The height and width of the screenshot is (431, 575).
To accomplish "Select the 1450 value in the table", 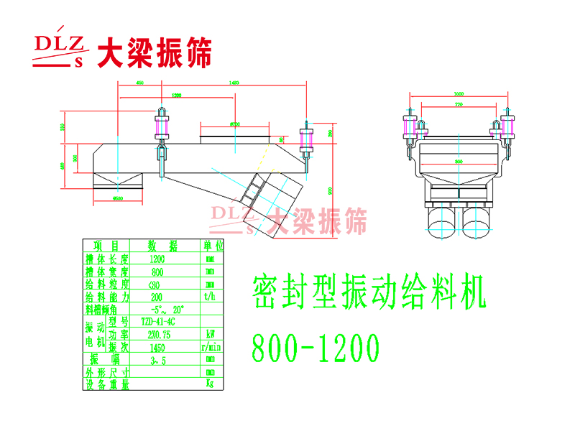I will click(x=157, y=346).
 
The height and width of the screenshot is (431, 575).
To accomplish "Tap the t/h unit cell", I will click(x=210, y=296).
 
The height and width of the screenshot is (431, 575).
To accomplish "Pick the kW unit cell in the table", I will click(x=210, y=334).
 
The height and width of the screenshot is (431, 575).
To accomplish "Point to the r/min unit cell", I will click(x=210, y=346).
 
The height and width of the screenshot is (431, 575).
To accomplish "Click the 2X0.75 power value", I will click(x=157, y=334).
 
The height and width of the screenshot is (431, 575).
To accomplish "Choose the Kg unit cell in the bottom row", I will click(x=210, y=384).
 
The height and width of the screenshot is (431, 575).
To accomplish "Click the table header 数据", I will click(x=162, y=245).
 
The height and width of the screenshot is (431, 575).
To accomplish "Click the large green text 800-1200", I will click(x=315, y=349).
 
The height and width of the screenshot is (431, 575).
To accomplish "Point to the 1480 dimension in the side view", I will click(x=233, y=83).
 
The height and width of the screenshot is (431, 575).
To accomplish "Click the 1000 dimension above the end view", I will click(x=459, y=94).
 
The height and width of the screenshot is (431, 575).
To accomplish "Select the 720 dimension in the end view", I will click(x=459, y=105).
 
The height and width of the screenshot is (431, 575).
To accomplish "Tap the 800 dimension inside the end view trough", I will click(x=459, y=162).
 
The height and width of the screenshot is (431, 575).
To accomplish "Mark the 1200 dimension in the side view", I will click(x=176, y=95).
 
